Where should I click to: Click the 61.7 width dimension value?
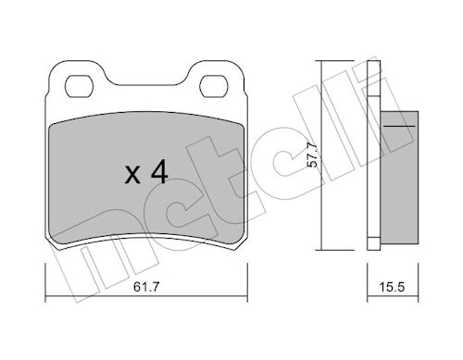click(146, 287)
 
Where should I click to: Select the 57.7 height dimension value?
click(313, 155)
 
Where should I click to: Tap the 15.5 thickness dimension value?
click(392, 287)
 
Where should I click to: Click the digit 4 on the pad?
click(159, 172)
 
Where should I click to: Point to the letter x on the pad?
click(132, 175)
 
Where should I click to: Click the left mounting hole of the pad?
click(79, 86)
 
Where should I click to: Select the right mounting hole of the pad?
click(214, 86)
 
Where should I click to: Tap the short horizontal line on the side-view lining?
click(399, 126)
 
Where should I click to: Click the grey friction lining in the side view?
click(399, 177)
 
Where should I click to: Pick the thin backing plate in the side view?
click(373, 155)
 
